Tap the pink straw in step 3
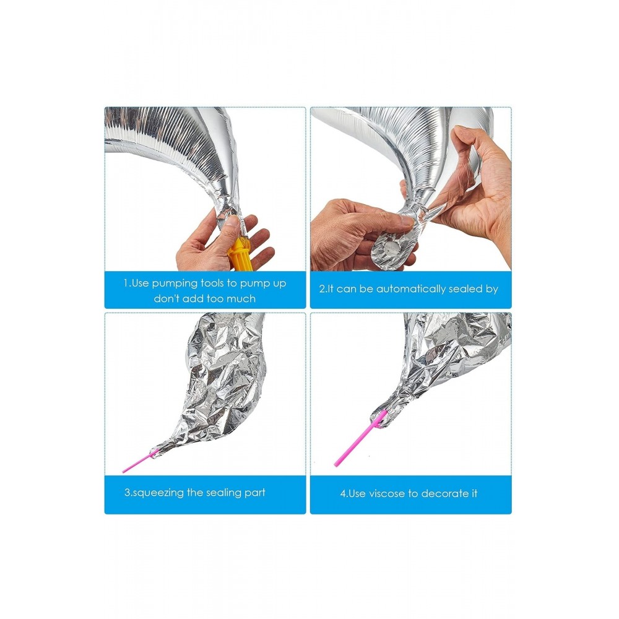pyautogui.click(x=138, y=462)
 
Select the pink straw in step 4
pyautogui.click(x=359, y=439)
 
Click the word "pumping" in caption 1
pyautogui.click(x=175, y=284)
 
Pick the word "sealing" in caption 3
pyautogui.click(x=224, y=493)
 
